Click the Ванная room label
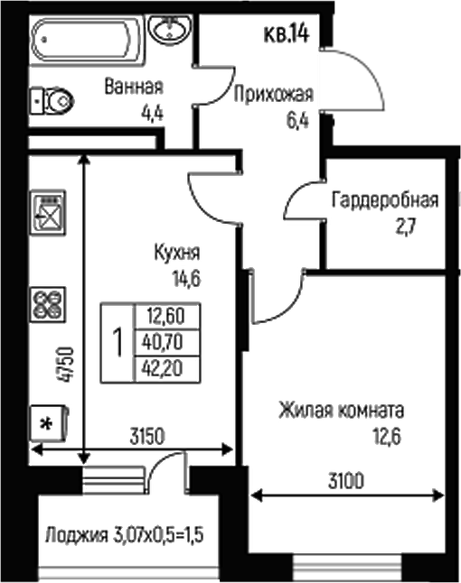[x=134, y=88]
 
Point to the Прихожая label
[x=274, y=93]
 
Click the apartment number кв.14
[x=287, y=35]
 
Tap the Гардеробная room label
[x=384, y=199]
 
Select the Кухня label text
[x=177, y=254]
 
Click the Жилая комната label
[x=341, y=411]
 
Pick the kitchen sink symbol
[x=48, y=214]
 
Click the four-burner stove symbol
[x=47, y=301]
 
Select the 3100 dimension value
[x=345, y=481]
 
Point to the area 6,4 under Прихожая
[x=296, y=117]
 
